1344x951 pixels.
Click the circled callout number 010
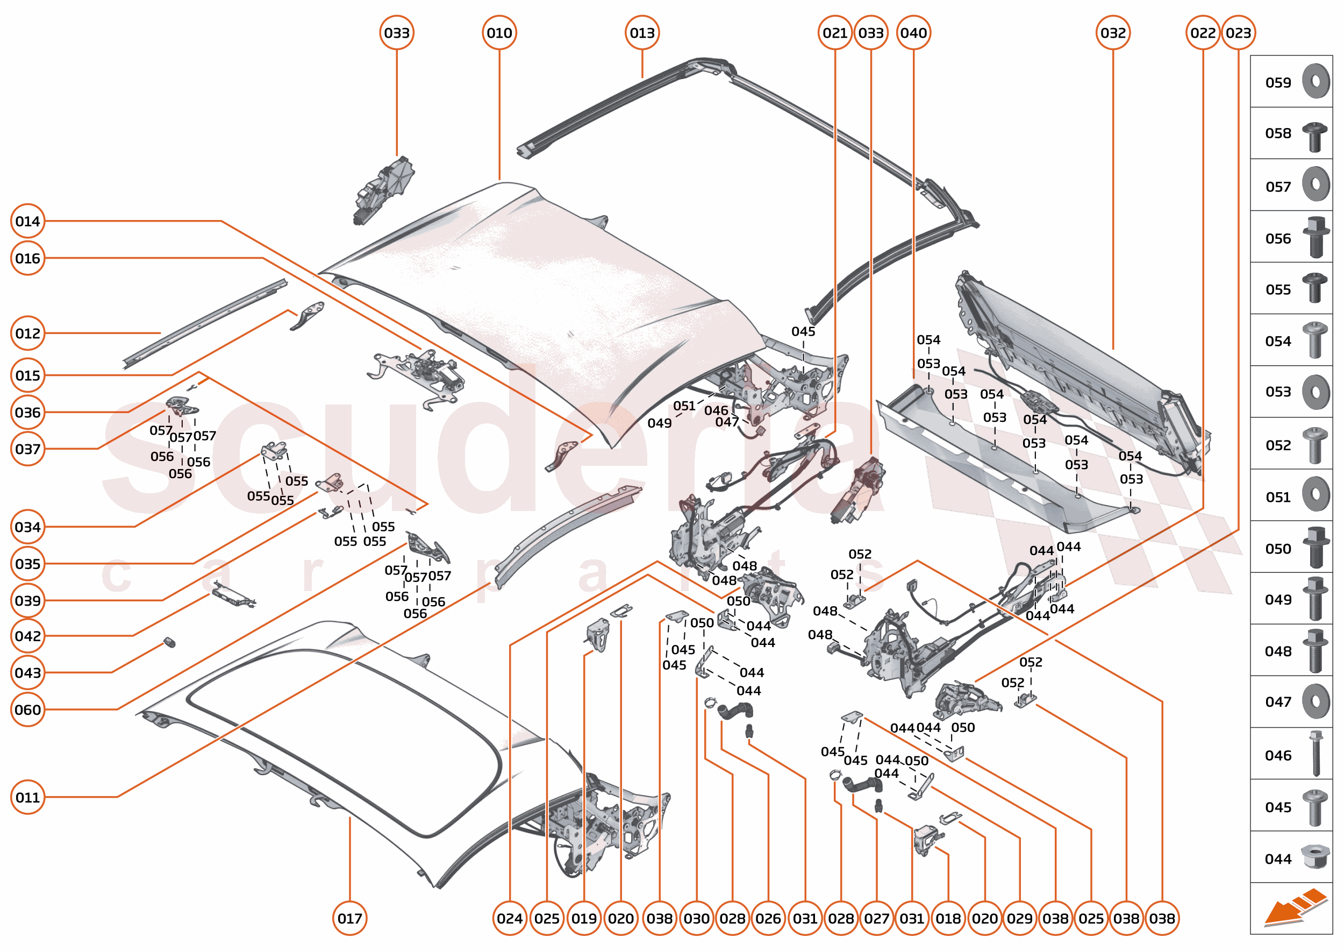pos(499,33)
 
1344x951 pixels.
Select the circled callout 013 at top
pos(642,33)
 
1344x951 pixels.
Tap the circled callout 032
pos(1113,33)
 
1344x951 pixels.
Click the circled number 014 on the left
pos(27,222)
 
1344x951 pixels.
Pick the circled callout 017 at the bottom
pos(349,918)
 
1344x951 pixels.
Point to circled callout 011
pos(27,797)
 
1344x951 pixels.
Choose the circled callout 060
pos(27,709)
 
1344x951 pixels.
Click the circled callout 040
pos(913,33)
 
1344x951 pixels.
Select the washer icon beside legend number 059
pos(1316,81)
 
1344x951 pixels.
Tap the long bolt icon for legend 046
pos(1316,754)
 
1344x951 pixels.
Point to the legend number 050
pos(1278,549)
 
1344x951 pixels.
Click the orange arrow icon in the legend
pos(1295,907)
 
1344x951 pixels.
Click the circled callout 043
pos(27,673)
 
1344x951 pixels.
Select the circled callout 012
pos(27,333)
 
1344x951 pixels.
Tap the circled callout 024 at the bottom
pos(509,918)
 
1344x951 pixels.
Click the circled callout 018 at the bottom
pos(948,918)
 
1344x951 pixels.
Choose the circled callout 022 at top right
pos(1202,33)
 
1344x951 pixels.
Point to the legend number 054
pos(1278,342)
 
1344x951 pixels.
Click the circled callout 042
pos(27,636)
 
